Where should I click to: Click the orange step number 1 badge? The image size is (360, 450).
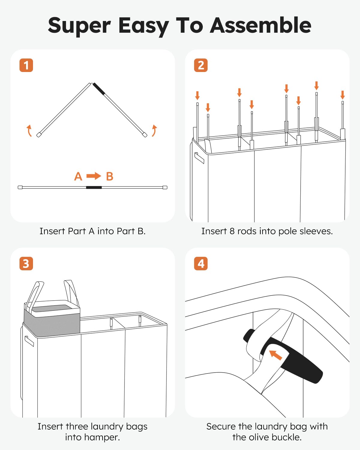(x=26, y=65)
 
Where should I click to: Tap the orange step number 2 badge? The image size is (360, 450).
(x=201, y=65)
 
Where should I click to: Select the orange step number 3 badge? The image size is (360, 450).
(x=26, y=263)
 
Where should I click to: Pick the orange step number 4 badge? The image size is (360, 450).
(x=201, y=263)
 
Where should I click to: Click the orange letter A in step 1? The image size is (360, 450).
(x=78, y=176)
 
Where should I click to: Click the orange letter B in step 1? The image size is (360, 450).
(x=109, y=176)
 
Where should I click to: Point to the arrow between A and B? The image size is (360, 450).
(x=94, y=176)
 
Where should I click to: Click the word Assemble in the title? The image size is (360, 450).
(x=261, y=25)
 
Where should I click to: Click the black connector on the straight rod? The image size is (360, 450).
(x=94, y=187)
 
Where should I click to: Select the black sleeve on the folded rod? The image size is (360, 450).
(x=99, y=89)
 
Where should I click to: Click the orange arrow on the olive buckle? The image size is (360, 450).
(x=275, y=355)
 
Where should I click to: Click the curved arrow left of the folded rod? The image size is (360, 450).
(x=29, y=131)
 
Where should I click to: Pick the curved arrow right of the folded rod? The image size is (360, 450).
(x=154, y=131)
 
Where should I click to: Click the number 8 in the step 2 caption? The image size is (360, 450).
(x=232, y=231)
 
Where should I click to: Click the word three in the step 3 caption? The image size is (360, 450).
(x=77, y=426)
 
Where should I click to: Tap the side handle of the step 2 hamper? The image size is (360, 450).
(x=199, y=158)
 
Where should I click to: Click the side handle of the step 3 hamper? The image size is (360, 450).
(x=29, y=341)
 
